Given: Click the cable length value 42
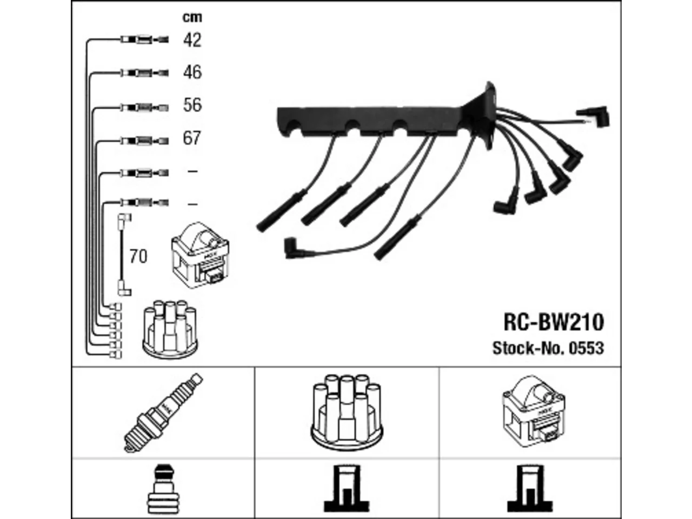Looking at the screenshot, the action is coord(192,40).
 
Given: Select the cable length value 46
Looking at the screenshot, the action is coord(192,72).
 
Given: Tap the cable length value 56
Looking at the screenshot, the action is coord(192,105).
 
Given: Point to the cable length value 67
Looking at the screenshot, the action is coord(192,138).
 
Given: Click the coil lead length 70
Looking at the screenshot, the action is coord(138,256).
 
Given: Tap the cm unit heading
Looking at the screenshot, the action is coord(192,17).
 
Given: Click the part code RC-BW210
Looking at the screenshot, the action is coord(554,322).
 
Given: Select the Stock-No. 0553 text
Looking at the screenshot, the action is coord(548,348).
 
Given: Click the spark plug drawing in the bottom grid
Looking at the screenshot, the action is coord(163,412).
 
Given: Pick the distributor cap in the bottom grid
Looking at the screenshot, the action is coord(347,412).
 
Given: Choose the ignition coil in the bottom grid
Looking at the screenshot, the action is coord(534,411).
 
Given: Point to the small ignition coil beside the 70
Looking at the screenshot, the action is coord(201,255).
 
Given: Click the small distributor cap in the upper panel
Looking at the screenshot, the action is coord(170,329).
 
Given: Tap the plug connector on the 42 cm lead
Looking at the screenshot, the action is coord(145,40).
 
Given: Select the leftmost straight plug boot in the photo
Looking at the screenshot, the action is coord(282,210).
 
